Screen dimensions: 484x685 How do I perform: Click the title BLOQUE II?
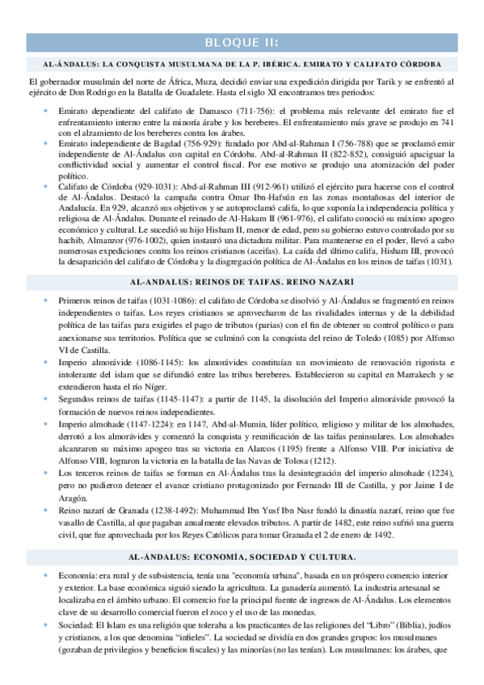(242, 43)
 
